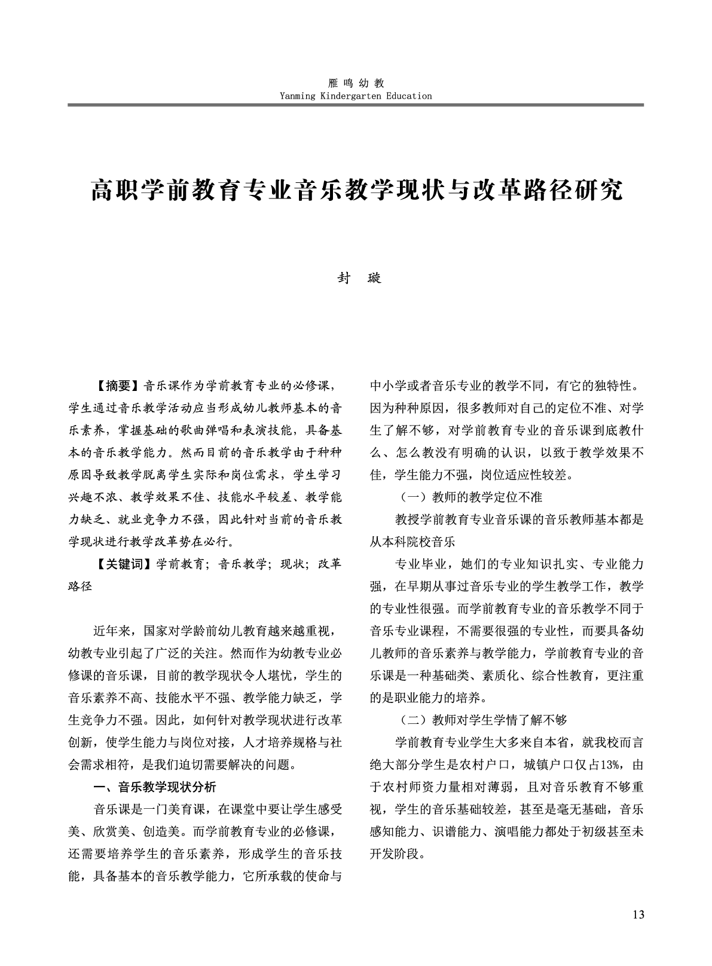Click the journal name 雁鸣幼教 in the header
[x=355, y=84]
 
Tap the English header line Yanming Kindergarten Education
[x=355, y=96]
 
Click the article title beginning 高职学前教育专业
[x=356, y=190]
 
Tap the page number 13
[x=638, y=915]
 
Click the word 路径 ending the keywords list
[x=81, y=586]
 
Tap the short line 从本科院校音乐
[x=412, y=542]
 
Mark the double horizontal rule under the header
[x=355, y=105]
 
